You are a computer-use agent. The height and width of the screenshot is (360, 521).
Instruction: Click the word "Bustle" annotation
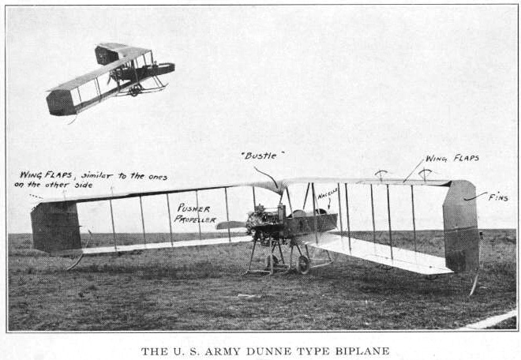tap(262, 156)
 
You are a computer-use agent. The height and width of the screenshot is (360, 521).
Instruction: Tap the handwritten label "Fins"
tap(497, 197)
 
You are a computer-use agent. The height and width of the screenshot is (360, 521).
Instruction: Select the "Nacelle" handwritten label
tap(328, 193)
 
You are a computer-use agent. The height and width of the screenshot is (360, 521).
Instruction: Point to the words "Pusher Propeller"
tap(194, 213)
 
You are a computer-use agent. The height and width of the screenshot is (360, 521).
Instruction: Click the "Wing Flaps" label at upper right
tap(452, 158)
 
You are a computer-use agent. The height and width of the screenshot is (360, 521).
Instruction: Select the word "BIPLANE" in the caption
tap(360, 351)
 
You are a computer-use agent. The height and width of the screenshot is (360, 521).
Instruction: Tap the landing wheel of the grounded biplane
tap(303, 264)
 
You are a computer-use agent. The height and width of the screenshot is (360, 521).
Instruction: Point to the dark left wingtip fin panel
tap(55, 227)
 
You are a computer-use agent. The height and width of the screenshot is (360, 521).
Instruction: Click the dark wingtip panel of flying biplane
tap(60, 102)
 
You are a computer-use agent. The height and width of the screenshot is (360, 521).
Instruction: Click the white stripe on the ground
tap(489, 320)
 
